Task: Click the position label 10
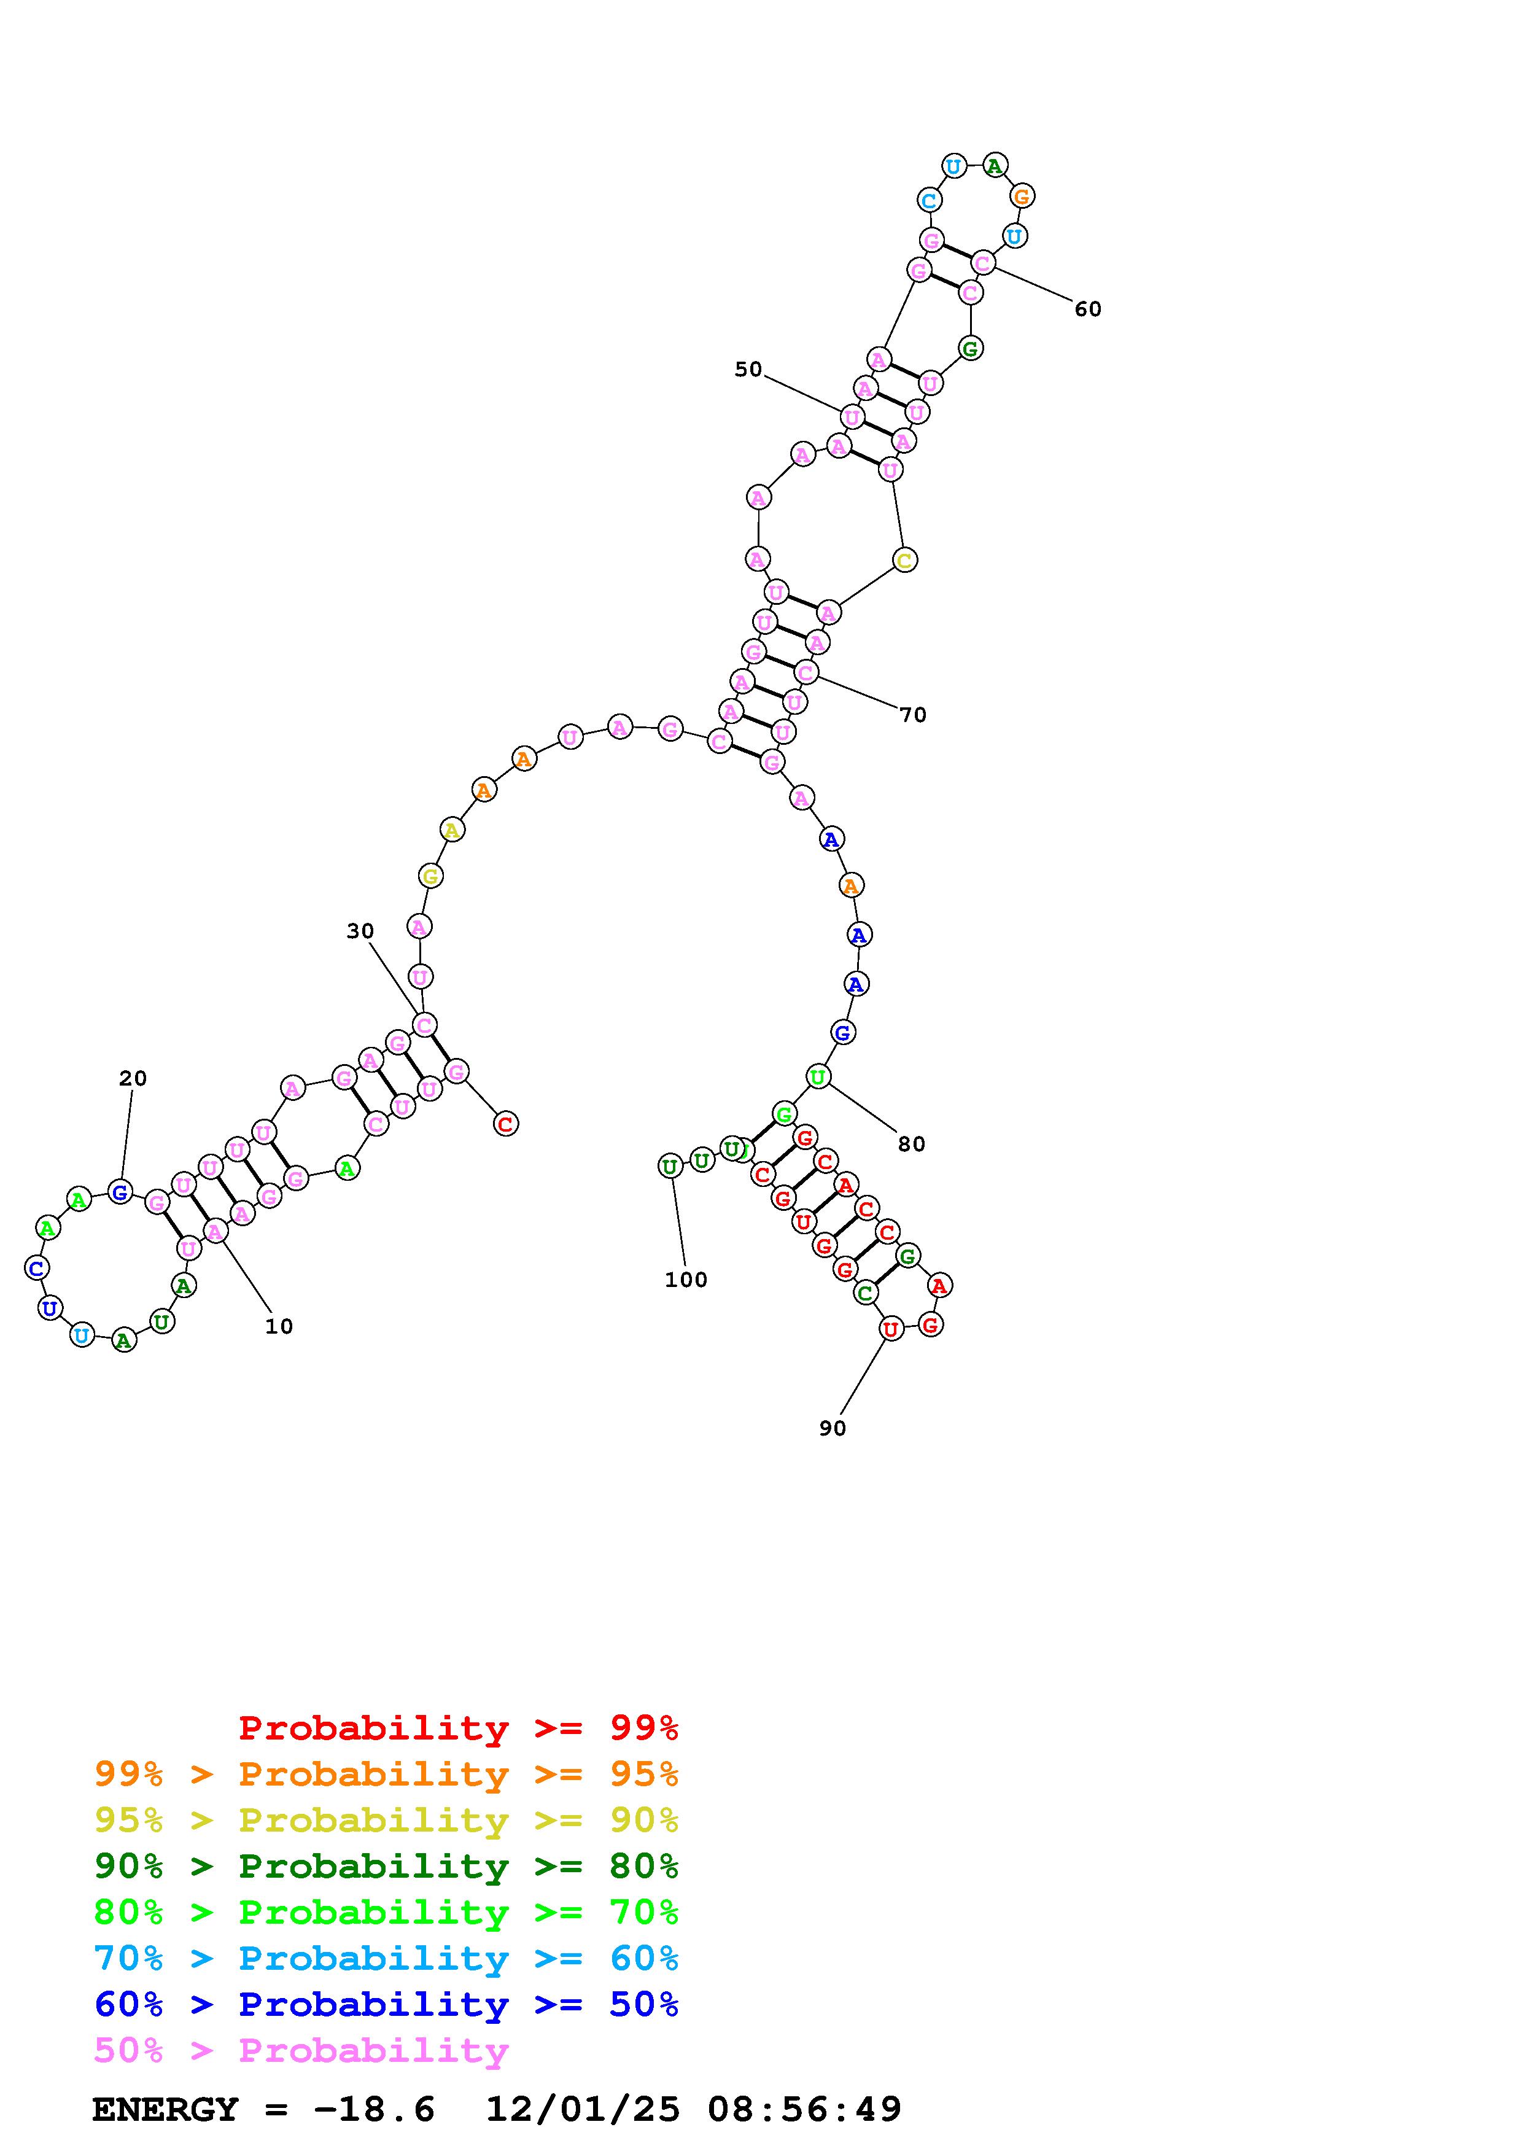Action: tap(279, 1326)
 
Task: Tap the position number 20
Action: tap(132, 1079)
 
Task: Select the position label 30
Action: tap(360, 931)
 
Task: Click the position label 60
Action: tap(1088, 309)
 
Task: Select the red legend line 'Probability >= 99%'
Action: tap(459, 1728)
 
